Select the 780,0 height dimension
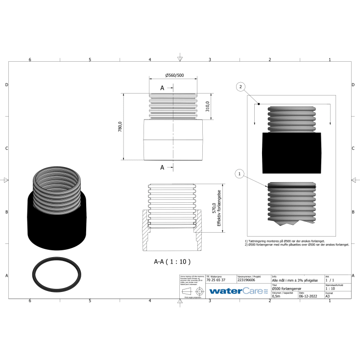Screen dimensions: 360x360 [120, 126]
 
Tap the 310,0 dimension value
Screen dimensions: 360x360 [207, 106]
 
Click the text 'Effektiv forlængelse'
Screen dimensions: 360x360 [220, 208]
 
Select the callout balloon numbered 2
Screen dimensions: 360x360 [240, 87]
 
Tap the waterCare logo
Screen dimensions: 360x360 [238, 291]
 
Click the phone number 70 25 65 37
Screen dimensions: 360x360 [216, 280]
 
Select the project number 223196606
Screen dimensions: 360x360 [247, 280]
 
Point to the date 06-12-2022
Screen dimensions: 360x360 [308, 296]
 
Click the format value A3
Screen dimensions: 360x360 [328, 296]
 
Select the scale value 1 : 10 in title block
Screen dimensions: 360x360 [331, 288]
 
